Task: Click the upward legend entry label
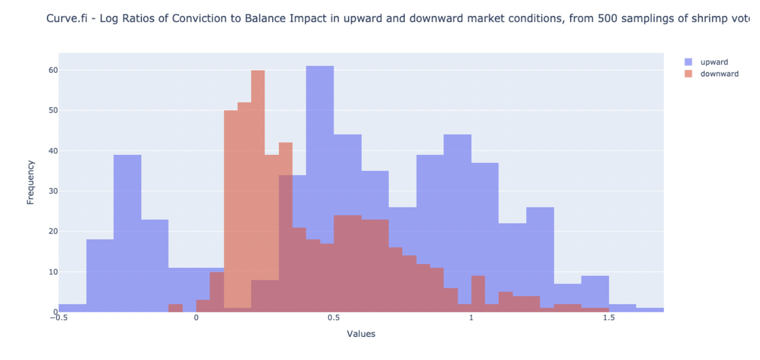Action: point(714,62)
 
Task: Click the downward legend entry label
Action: point(719,74)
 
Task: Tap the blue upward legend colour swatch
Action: point(688,62)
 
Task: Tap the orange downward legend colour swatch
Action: point(688,74)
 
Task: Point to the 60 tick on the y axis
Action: point(53,70)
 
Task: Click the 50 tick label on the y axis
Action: point(53,110)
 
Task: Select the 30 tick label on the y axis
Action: point(53,191)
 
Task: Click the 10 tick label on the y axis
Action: point(53,272)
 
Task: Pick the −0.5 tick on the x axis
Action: point(59,318)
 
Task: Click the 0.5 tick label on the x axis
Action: point(334,318)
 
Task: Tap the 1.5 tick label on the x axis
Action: point(609,318)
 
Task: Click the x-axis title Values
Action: point(361,334)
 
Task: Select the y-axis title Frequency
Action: point(30,183)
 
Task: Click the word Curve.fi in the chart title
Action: point(67,19)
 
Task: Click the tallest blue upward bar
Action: point(320,189)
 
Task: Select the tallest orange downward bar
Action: point(258,191)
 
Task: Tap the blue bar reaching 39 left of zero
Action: point(127,234)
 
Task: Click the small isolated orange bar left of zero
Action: point(175,308)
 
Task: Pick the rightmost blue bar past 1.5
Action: point(650,310)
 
